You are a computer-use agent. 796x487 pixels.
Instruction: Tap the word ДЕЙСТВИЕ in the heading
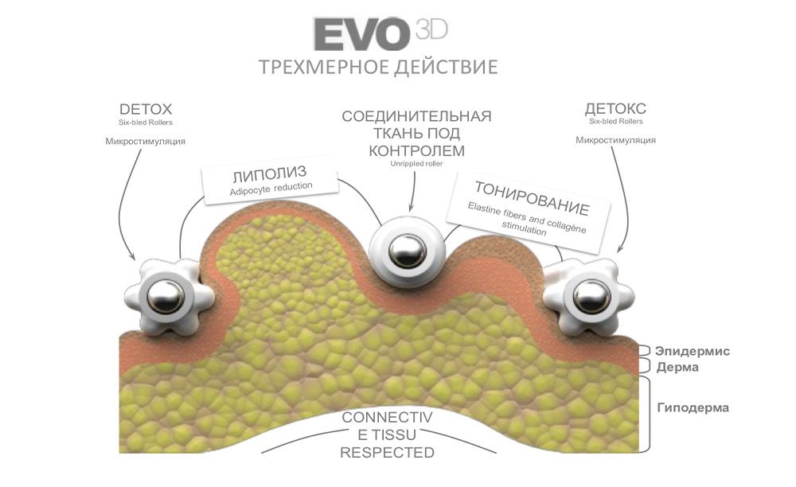[446, 66]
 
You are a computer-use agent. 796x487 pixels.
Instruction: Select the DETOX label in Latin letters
[146, 109]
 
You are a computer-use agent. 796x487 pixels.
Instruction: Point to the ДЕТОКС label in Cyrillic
[615, 109]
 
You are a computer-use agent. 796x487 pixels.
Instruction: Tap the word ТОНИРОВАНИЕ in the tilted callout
[532, 199]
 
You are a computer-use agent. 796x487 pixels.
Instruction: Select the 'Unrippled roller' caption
[416, 164]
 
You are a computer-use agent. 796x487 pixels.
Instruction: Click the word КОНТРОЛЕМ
[416, 150]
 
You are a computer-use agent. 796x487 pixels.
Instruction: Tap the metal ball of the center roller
[408, 251]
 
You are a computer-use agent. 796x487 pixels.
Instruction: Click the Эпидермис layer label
[693, 351]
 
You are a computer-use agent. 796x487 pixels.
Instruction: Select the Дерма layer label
[677, 367]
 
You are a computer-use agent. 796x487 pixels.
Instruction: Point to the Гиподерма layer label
[693, 408]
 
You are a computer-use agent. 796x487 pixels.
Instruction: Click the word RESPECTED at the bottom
[387, 453]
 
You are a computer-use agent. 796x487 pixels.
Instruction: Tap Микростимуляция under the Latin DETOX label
[146, 141]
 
